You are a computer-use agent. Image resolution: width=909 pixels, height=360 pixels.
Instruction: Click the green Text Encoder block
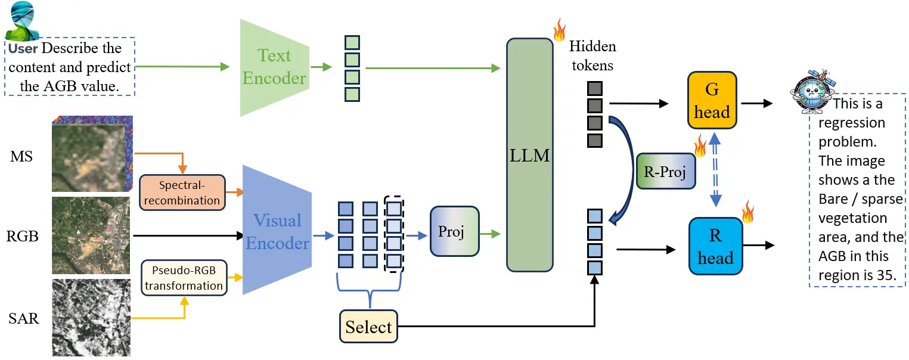point(274,67)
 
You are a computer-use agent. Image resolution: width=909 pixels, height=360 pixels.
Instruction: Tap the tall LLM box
point(529,155)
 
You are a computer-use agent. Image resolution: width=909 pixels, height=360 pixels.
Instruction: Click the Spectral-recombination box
point(182,193)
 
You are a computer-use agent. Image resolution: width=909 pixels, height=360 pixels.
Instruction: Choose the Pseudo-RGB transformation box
point(184,278)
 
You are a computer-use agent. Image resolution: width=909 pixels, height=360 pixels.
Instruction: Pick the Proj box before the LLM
point(454,231)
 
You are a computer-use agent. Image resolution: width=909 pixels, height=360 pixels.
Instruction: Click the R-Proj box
point(666,172)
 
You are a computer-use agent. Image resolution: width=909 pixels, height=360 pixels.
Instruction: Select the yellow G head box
point(712,101)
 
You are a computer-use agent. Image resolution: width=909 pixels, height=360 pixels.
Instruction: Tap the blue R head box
point(715,246)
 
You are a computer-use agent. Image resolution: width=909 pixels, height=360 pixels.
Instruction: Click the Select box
point(368,327)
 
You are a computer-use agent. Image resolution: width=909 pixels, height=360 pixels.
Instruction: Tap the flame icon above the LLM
point(559,29)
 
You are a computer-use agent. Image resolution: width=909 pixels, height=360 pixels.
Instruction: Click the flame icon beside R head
point(747,212)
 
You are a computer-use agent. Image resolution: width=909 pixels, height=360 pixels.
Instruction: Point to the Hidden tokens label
point(592,55)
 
